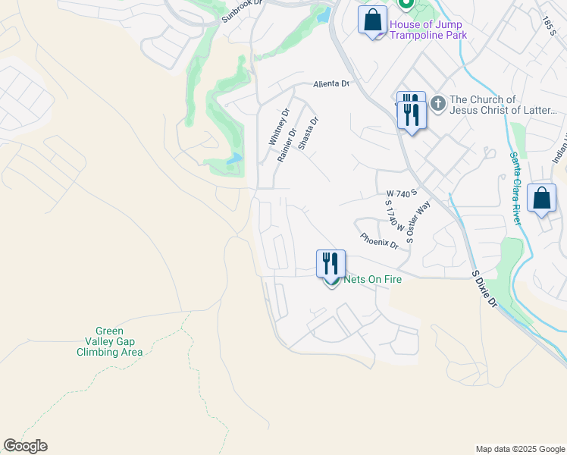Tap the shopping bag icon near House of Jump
373,21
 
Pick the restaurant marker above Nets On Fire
330,264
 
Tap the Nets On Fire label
372,279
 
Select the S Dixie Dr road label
484,288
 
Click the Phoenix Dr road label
379,240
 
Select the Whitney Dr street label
279,127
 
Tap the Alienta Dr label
331,84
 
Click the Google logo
25,446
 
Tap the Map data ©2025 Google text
519,449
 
